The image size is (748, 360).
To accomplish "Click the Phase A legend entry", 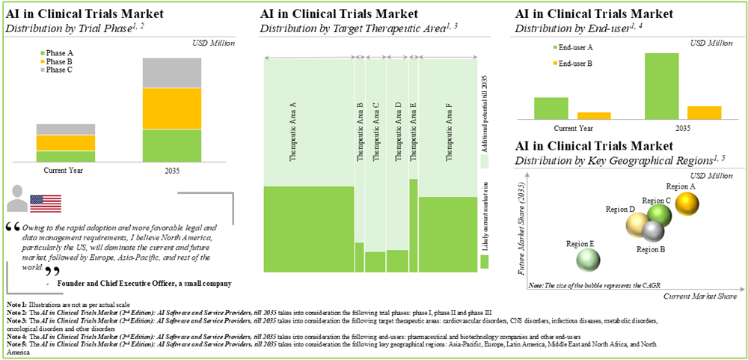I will coord(55,53).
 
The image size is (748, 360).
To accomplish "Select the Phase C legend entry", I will coord(55,70).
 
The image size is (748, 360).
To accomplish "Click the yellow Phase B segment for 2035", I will coord(172,109).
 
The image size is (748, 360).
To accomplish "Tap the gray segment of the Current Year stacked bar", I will coord(66,129).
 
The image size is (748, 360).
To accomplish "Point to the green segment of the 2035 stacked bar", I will coord(172,146).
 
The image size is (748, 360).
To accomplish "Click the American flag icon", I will coord(45,202).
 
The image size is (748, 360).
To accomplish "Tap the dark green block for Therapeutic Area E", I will coord(413,225).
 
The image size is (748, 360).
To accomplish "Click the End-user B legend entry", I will coord(571,64).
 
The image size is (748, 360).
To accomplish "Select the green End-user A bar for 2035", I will coord(661,86).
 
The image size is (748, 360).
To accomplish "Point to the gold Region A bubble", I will coord(687,201).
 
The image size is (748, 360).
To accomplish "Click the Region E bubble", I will coord(588,260).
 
